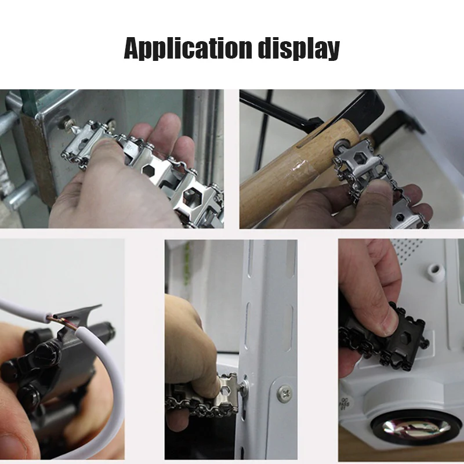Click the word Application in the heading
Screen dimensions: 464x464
[188, 48]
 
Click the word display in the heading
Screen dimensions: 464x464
[299, 48]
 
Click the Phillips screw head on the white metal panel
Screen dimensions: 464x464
[285, 394]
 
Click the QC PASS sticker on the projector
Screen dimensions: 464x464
[343, 404]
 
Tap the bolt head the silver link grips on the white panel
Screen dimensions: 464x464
[245, 385]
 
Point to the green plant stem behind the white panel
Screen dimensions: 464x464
[186, 263]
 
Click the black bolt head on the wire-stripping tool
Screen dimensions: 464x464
[49, 352]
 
